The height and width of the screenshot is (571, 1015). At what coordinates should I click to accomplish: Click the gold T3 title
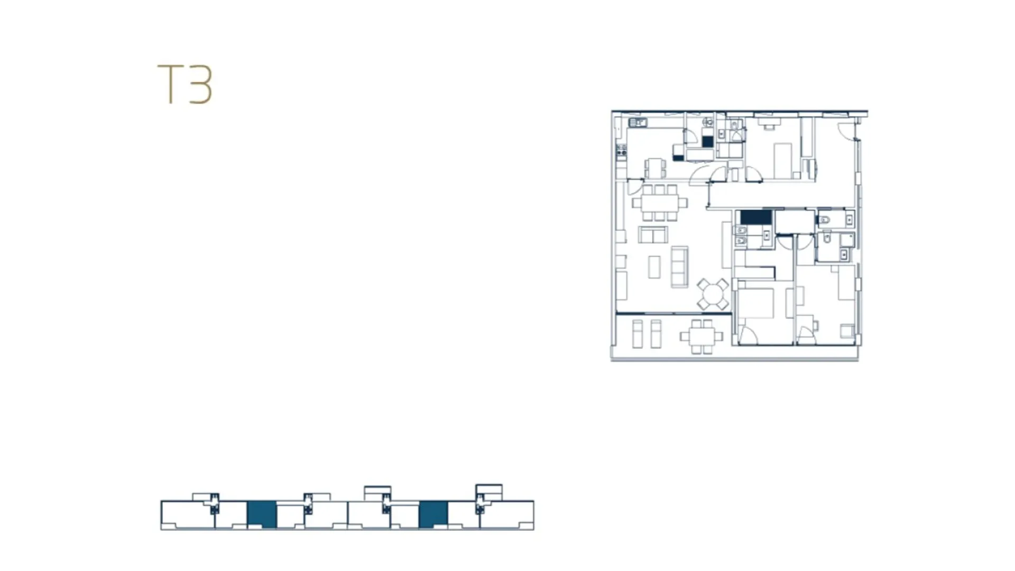pyautogui.click(x=185, y=84)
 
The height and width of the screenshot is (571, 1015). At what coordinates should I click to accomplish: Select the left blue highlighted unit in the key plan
pyautogui.click(x=262, y=514)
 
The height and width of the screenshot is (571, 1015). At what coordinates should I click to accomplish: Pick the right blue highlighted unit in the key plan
pyautogui.click(x=433, y=514)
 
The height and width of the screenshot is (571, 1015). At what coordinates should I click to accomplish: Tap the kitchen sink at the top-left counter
pyautogui.click(x=638, y=123)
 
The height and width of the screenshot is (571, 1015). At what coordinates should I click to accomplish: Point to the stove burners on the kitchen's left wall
pyautogui.click(x=621, y=152)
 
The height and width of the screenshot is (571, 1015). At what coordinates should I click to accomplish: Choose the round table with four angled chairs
pyautogui.click(x=713, y=294)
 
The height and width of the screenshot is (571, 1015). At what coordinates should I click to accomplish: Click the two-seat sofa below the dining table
pyautogui.click(x=653, y=234)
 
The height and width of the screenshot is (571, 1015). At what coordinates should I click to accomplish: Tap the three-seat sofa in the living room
pyautogui.click(x=680, y=267)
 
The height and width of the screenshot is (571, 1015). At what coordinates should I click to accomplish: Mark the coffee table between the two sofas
pyautogui.click(x=654, y=267)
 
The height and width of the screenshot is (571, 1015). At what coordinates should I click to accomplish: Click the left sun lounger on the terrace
pyautogui.click(x=638, y=334)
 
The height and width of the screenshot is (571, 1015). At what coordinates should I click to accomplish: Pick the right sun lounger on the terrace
pyautogui.click(x=656, y=334)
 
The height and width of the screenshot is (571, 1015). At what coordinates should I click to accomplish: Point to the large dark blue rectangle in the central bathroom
pyautogui.click(x=756, y=217)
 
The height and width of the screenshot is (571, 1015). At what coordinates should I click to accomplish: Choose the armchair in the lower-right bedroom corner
pyautogui.click(x=847, y=331)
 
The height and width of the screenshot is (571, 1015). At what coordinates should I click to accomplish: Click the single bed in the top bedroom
pyautogui.click(x=783, y=161)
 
